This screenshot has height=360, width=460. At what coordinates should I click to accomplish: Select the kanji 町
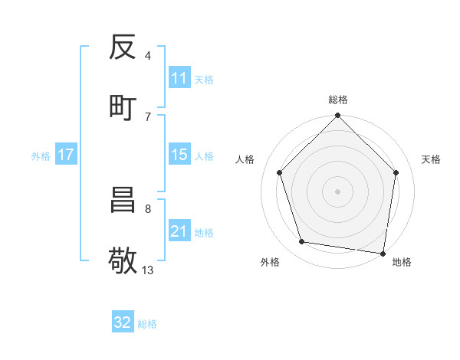(x=123, y=108)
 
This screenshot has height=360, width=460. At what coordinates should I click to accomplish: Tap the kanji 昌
(x=123, y=201)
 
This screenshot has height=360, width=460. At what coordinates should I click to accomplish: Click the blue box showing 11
(x=179, y=79)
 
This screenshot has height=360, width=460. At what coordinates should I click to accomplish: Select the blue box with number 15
(x=179, y=155)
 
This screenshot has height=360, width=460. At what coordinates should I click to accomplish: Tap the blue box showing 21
(x=179, y=231)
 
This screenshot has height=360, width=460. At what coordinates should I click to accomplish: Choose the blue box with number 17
(x=66, y=155)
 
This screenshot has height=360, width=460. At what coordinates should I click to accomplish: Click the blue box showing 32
(x=123, y=323)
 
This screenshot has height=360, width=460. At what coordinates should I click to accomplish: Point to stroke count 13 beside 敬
(x=148, y=270)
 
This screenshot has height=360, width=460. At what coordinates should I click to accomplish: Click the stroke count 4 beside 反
(x=148, y=55)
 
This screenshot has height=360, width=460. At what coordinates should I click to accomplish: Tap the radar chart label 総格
(x=338, y=100)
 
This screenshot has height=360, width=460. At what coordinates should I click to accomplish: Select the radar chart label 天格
(x=431, y=159)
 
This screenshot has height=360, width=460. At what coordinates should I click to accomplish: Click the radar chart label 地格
(x=402, y=262)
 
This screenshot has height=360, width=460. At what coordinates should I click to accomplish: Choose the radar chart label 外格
(x=270, y=262)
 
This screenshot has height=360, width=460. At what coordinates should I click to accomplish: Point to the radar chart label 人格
(x=245, y=159)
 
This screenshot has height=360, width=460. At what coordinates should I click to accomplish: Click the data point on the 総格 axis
(x=337, y=116)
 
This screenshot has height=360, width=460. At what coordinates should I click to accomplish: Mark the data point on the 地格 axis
(x=383, y=252)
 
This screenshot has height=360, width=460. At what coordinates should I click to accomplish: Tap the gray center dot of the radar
(x=337, y=191)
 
